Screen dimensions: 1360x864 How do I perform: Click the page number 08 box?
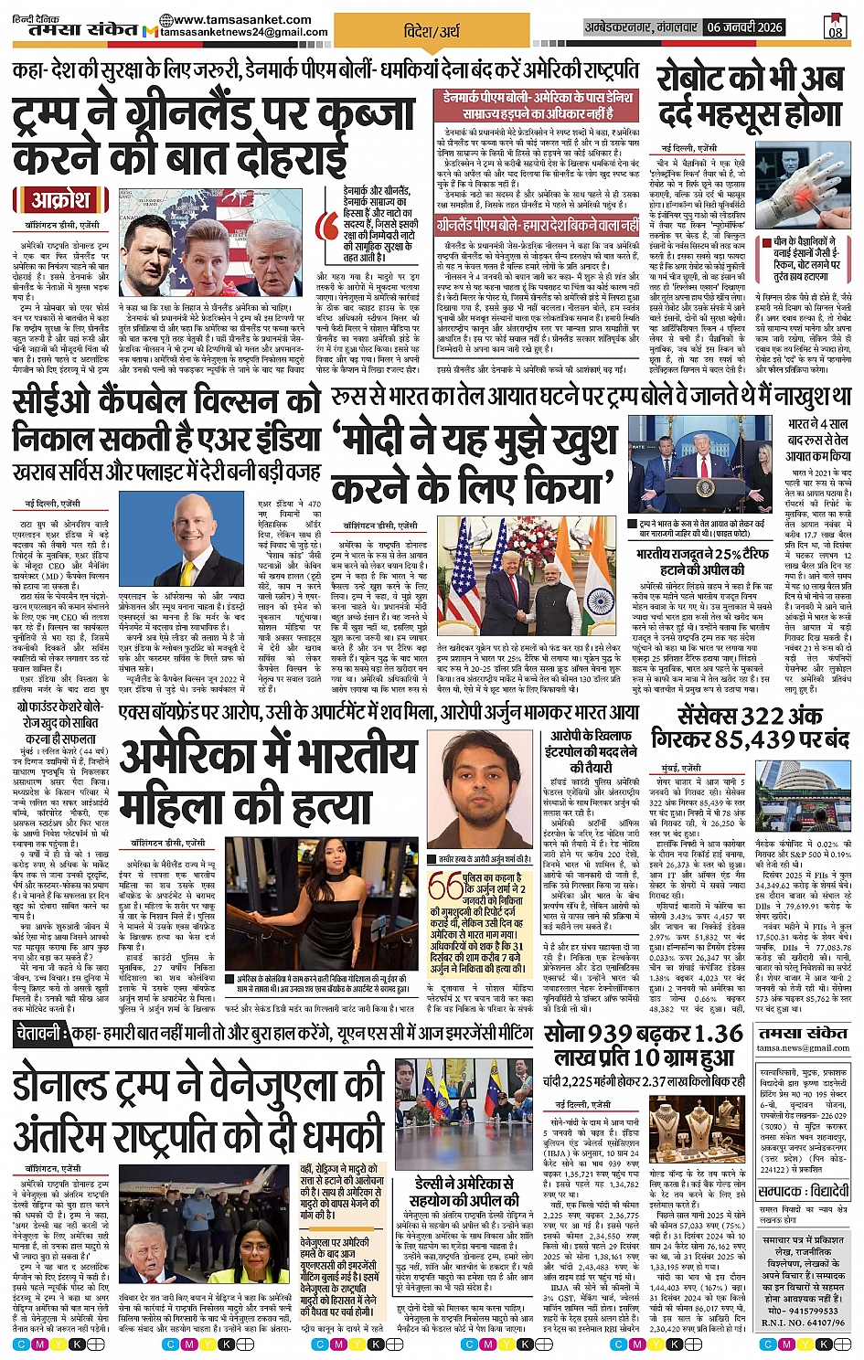[835, 27]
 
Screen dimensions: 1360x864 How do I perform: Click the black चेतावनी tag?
[40, 1035]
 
